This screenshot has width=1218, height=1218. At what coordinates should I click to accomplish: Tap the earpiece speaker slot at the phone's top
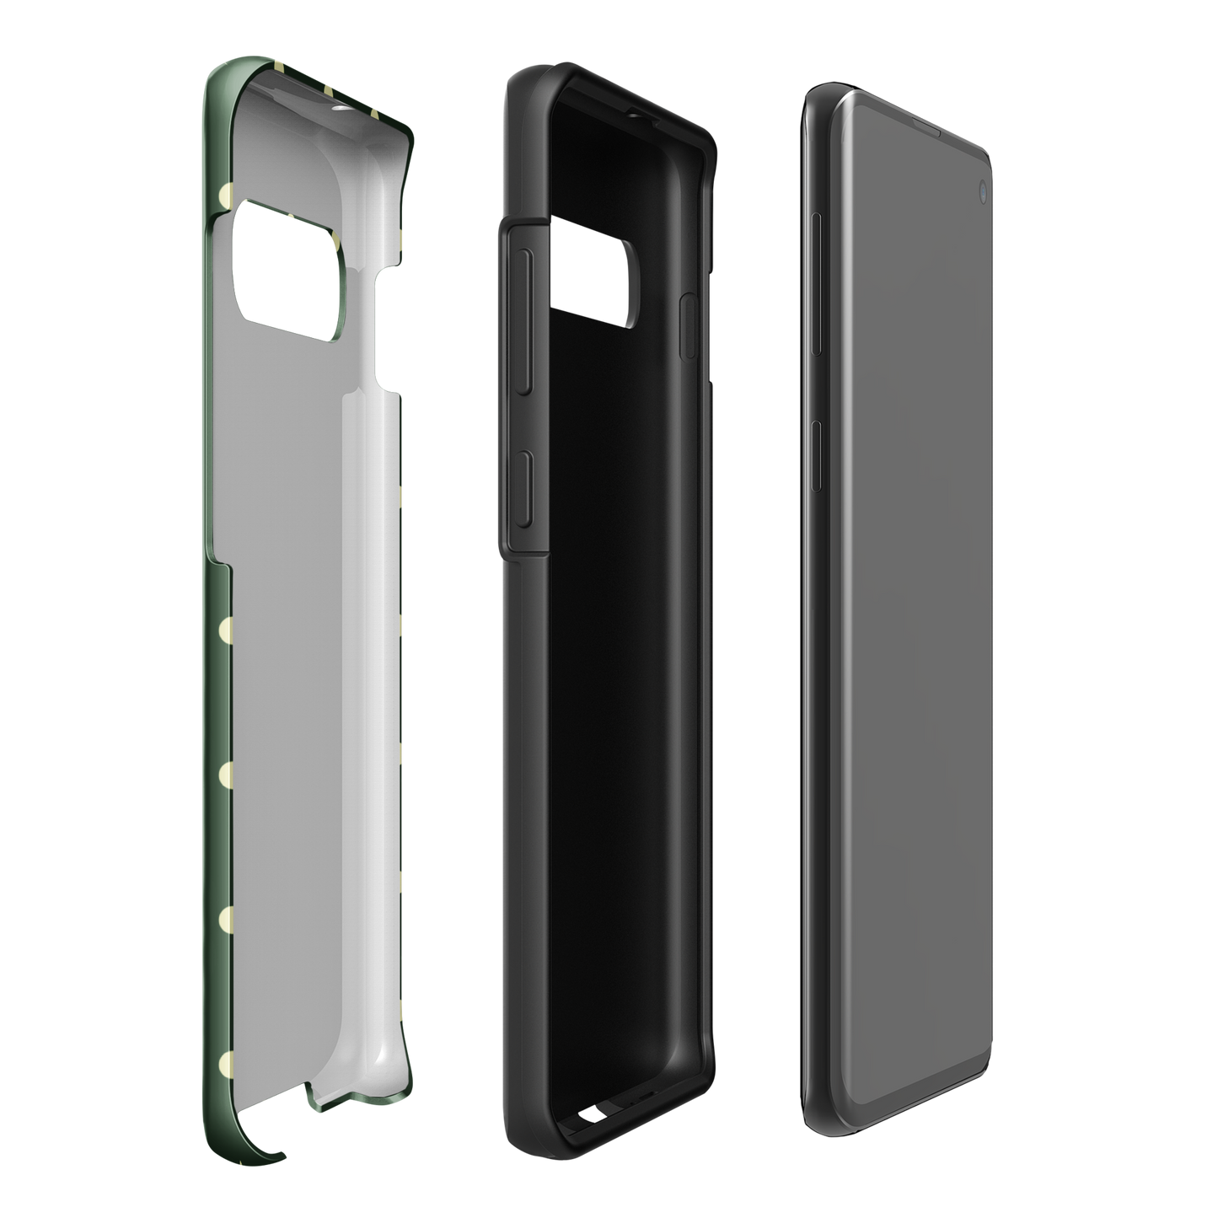pos(927,129)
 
